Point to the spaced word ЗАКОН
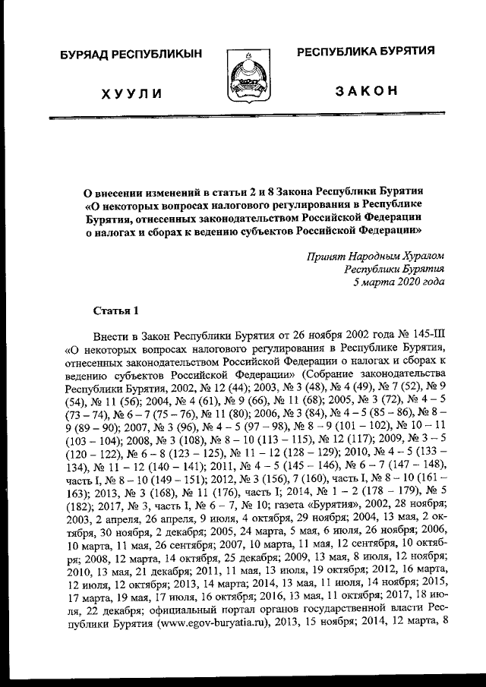pyautogui.click(x=366, y=90)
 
